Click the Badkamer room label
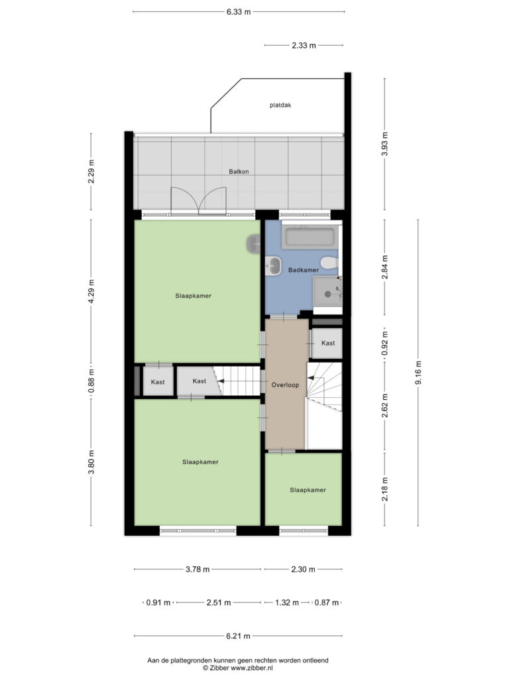(304, 270)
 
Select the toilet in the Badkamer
(330, 263)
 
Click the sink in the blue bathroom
(273, 265)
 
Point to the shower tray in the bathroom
(327, 292)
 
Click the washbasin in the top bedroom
(254, 244)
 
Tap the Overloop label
(285, 385)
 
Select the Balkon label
(239, 172)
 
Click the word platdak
(280, 105)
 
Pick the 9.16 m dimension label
(418, 373)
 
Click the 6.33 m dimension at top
(239, 12)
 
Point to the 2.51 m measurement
(219, 602)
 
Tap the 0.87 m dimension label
(327, 602)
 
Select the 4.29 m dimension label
(91, 292)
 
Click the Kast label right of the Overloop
(328, 343)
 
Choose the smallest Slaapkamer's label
(308, 490)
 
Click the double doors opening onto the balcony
(199, 202)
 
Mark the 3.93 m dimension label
(385, 144)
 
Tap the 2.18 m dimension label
(385, 489)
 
